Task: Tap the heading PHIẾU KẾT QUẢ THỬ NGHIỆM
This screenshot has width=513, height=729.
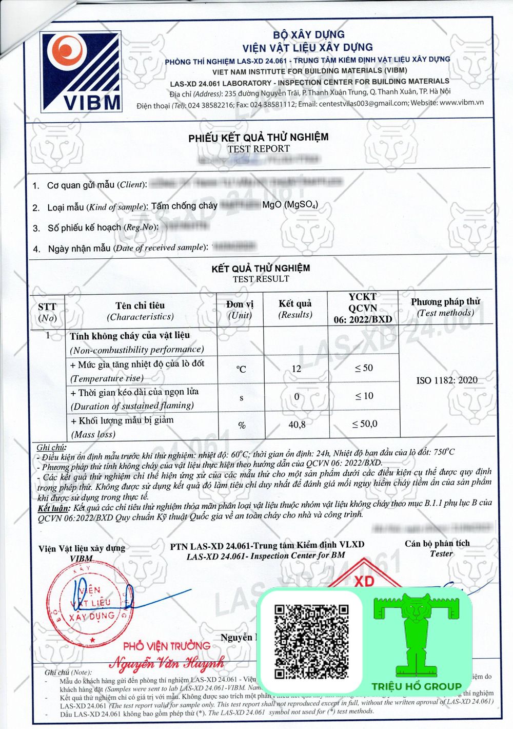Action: click(x=259, y=138)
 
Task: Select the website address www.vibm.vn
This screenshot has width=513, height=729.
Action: click(x=461, y=103)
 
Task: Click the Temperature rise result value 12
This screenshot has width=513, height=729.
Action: click(x=297, y=369)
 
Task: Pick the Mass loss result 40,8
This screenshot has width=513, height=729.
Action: click(x=297, y=425)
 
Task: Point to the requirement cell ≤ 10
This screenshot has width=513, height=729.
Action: click(x=364, y=396)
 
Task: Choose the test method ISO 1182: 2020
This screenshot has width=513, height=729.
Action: click(x=447, y=380)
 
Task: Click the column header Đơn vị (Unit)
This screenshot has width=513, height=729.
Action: click(x=240, y=310)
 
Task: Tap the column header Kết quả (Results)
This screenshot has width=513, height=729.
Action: click(x=295, y=309)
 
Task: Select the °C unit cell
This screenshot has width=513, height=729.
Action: click(x=241, y=369)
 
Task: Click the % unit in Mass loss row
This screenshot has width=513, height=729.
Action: click(x=242, y=425)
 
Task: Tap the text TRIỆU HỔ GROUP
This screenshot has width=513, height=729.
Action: click(x=417, y=686)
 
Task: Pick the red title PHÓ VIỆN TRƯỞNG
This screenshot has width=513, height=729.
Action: click(x=167, y=646)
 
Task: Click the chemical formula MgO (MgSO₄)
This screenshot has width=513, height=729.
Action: click(x=290, y=205)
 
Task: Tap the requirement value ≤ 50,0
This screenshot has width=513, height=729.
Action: click(x=365, y=424)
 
